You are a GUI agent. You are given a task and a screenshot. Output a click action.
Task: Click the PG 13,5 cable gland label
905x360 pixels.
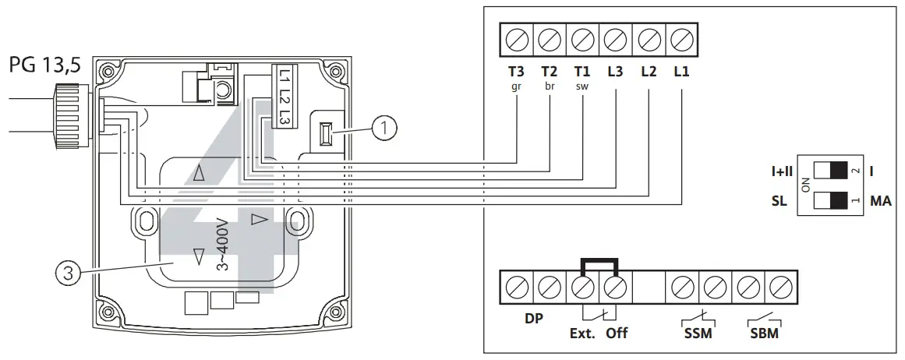pos(45,66)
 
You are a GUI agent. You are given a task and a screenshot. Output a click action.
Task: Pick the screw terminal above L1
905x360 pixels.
pos(681,38)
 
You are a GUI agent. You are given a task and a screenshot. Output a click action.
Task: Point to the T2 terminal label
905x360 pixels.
pos(550,71)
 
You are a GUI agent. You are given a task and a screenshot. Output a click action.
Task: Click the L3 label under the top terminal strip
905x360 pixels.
pos(616,71)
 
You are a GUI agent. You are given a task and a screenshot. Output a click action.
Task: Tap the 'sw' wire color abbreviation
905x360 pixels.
pos(582,86)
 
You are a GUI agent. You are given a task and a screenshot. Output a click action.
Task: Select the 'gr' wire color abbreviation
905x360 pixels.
pos(516,86)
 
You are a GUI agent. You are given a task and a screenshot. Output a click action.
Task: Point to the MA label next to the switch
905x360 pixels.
pos(881,202)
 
